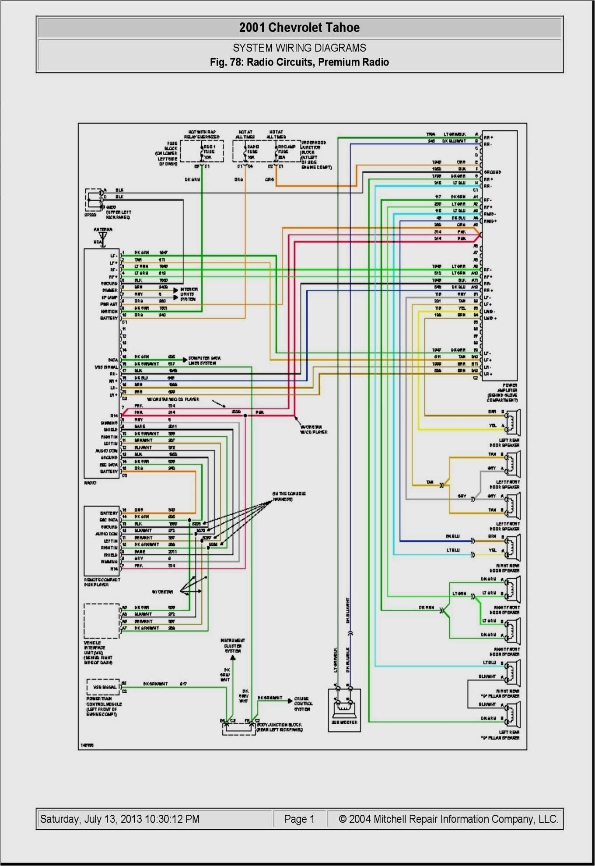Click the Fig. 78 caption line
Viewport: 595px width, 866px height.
coord(299,62)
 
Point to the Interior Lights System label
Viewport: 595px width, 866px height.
coord(189,294)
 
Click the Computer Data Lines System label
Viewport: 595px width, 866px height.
coord(204,360)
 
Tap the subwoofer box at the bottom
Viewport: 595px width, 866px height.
coord(344,709)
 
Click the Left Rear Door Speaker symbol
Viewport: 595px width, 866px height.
coord(512,423)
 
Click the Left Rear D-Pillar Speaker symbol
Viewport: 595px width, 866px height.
coord(512,714)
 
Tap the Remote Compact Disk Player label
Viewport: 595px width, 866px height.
coord(101,582)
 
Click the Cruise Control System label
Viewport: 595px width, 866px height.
coord(303,704)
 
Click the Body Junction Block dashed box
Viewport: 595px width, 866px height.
coord(239,729)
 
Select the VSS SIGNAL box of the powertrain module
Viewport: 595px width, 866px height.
coord(104,687)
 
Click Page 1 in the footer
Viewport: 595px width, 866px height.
coord(299,819)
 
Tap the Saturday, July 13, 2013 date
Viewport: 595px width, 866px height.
coord(119,819)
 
